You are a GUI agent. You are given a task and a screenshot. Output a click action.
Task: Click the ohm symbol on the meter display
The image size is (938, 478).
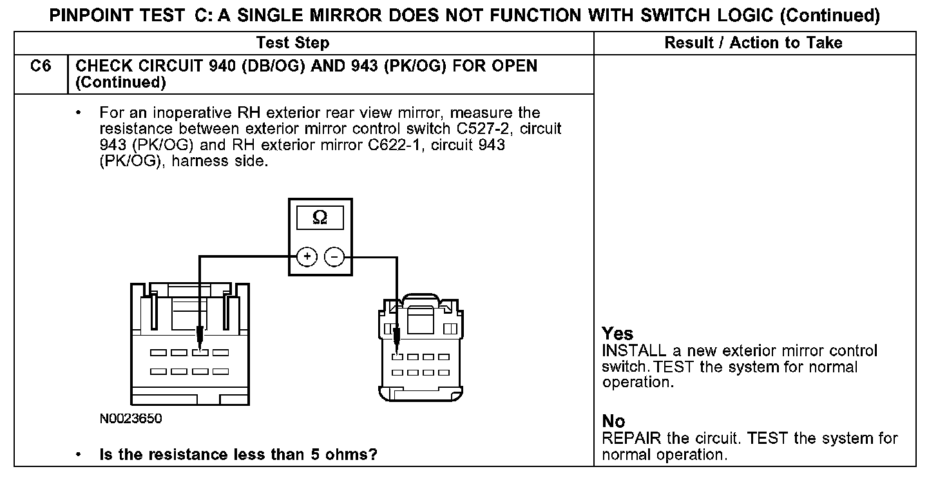tap(319, 218)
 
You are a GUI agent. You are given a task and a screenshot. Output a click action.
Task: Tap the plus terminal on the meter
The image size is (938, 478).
tap(307, 257)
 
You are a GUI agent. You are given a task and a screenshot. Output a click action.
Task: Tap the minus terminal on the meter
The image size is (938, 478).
tap(334, 257)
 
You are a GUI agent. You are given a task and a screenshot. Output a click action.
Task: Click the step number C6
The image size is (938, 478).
tap(41, 66)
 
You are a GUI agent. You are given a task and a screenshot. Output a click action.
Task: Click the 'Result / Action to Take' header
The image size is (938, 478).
tap(753, 43)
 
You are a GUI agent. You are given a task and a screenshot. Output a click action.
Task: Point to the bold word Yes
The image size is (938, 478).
tap(618, 334)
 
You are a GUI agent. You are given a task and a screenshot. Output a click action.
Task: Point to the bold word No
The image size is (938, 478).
tap(613, 421)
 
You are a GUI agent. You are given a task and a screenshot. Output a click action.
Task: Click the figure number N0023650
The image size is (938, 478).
tap(131, 419)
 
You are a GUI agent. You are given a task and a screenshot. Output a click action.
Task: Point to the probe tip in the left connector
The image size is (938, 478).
tap(200, 345)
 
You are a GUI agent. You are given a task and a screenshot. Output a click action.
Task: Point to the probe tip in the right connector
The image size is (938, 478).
tap(397, 349)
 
